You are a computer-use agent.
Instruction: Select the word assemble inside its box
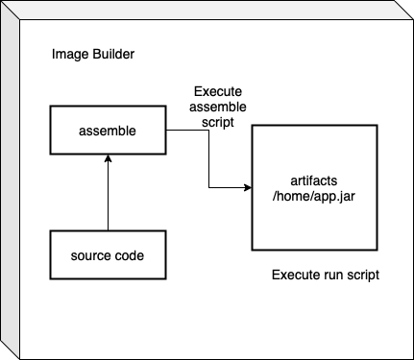(x=108, y=129)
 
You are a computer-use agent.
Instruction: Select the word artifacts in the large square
(x=314, y=180)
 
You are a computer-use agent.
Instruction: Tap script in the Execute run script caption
(x=363, y=276)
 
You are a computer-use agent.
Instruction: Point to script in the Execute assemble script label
(x=210, y=121)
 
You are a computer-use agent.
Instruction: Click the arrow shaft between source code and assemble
(x=108, y=197)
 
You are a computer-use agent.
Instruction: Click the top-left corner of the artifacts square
(x=252, y=124)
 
